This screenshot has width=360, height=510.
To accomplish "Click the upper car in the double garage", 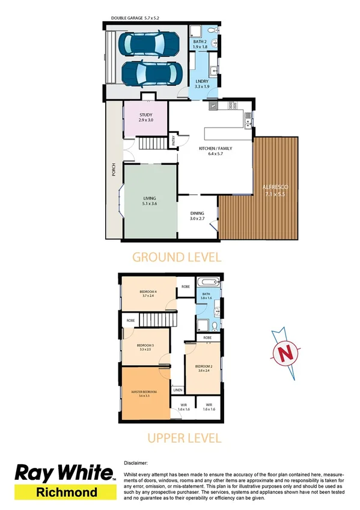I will tap(147, 43).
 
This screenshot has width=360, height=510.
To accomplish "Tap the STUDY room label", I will tap(145, 115).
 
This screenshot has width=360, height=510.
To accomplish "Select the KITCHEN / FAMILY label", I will tap(215, 148).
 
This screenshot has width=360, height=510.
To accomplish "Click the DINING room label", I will tap(198, 213).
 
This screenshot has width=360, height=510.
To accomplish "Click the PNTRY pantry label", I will tap(174, 143).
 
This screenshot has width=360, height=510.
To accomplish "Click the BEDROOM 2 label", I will tap(204, 366).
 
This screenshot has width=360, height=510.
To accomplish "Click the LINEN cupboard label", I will tap(177, 390).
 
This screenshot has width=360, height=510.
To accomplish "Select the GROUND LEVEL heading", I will tap(177, 257).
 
